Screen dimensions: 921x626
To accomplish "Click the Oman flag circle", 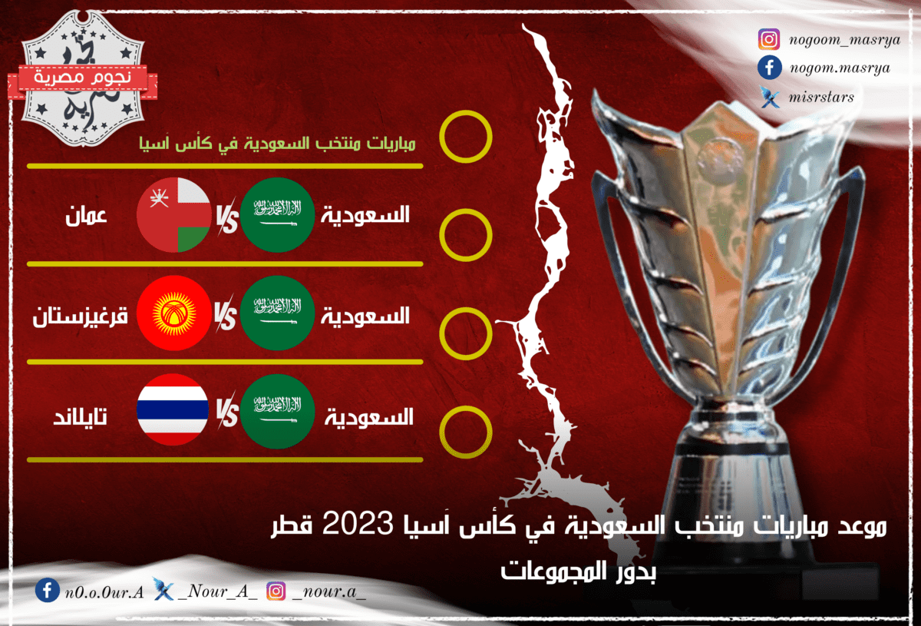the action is coord(174,215).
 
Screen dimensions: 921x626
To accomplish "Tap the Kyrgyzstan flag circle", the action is coord(174,313).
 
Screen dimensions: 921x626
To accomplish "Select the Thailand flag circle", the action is coord(173,409).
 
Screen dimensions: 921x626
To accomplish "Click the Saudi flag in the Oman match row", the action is coord(278,215).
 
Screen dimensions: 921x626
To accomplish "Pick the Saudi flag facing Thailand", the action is coord(278,411).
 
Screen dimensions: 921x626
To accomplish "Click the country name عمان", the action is coord(86,216).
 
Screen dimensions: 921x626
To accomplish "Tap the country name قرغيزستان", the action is coord(80,316).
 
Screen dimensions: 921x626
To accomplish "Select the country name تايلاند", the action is coord(80,417).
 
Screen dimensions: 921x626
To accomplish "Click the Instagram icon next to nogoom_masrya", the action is coord(769,39).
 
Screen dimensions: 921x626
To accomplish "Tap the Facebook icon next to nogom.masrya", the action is coord(769,68).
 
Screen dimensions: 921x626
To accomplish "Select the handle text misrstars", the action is coord(821,98).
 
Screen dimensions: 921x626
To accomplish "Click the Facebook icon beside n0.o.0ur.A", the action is coord(48,590).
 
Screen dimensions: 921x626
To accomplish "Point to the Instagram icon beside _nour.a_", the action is coord(276,591).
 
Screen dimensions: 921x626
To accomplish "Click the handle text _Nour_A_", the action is coord(218,591).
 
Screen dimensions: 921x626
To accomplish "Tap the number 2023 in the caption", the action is coord(358,524).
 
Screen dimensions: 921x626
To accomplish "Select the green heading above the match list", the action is coord(277,144).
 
